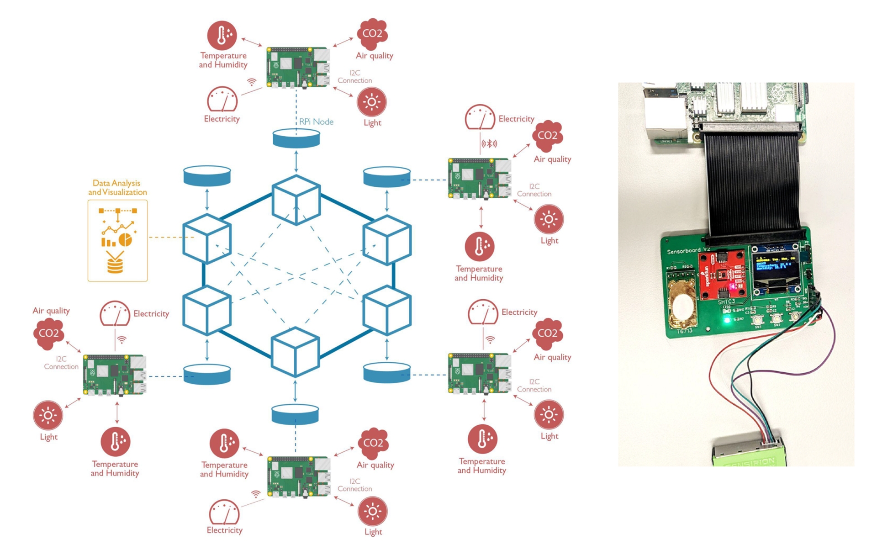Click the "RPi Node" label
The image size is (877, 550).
[316, 122]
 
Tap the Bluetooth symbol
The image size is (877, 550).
[490, 144]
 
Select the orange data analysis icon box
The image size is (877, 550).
[117, 241]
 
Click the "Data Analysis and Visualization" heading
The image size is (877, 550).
[117, 188]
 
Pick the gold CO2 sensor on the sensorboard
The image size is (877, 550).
[682, 307]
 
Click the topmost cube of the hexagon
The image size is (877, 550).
[296, 200]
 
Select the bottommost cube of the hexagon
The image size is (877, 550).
[295, 351]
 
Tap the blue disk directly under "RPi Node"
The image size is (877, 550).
[296, 138]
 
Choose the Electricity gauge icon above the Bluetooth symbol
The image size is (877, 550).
[480, 117]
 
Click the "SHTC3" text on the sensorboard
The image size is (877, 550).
[726, 302]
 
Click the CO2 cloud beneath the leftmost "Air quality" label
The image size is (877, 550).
[48, 333]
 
